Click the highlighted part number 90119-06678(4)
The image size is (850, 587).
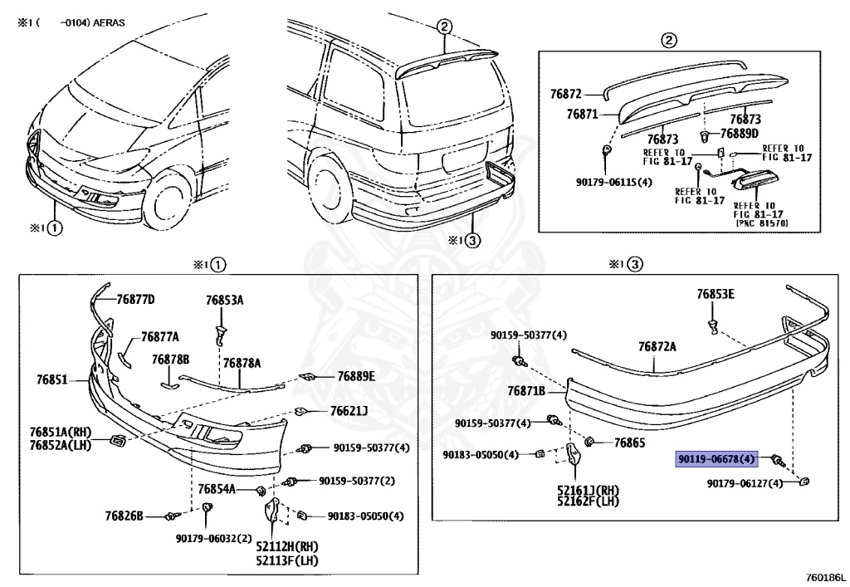pos(717,459)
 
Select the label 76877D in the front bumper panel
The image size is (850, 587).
pos(135,299)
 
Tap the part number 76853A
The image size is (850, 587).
pos(224,300)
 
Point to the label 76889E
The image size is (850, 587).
pos(356,376)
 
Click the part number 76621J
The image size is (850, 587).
pos(349,410)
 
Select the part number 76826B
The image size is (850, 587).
pos(125,516)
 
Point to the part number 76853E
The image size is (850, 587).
pos(716,294)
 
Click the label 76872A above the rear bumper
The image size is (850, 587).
pos(657,347)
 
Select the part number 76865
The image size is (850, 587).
pos(629,443)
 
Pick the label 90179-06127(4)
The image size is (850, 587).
pos(745,483)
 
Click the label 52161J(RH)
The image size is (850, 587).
pos(588,490)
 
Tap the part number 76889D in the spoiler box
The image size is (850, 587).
pos(739,133)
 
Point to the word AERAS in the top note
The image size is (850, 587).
pos(109,23)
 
